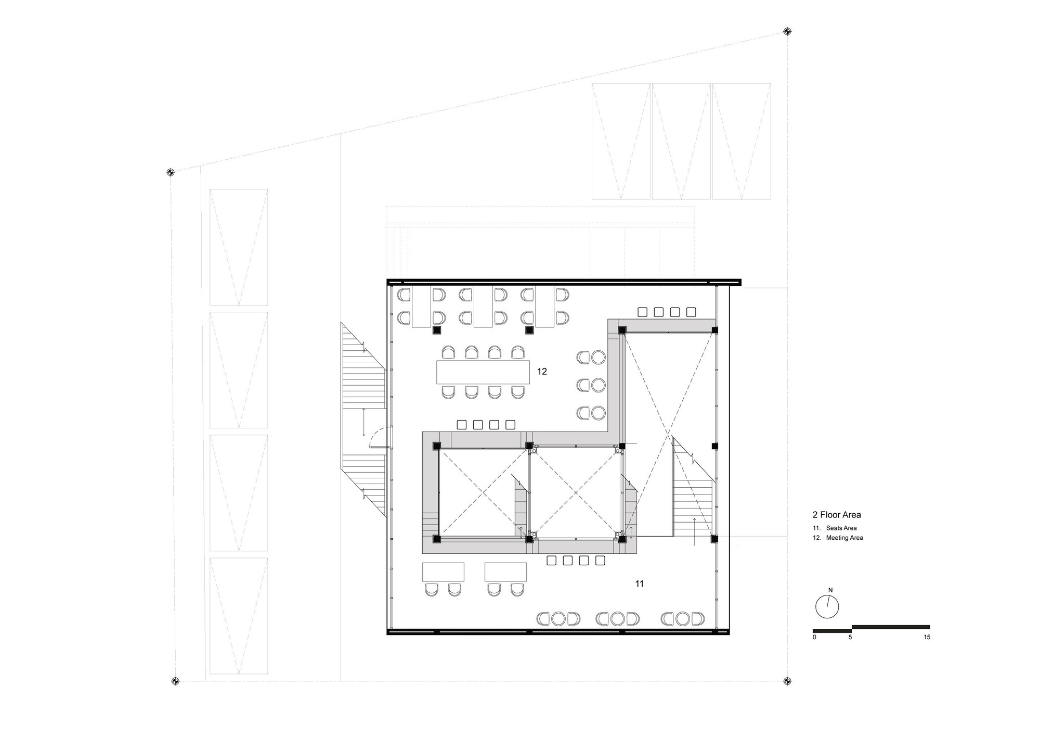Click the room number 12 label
coord(542,372)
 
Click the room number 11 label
coord(640,584)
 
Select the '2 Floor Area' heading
coord(837,515)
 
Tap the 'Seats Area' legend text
coord(841,528)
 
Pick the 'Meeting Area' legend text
coord(844,538)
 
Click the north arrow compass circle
coord(827,607)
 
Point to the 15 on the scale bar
coord(927,637)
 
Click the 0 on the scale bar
coord(814,637)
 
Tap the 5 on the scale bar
coord(850,637)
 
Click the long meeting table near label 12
coord(483,372)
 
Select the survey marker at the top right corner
coord(787,31)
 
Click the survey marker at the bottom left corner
coord(175,681)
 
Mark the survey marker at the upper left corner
coord(170,172)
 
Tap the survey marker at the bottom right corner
coord(787,681)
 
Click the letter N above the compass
coord(830,590)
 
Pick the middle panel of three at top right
coord(681,141)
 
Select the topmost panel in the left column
coord(239,247)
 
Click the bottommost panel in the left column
coord(239,616)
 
